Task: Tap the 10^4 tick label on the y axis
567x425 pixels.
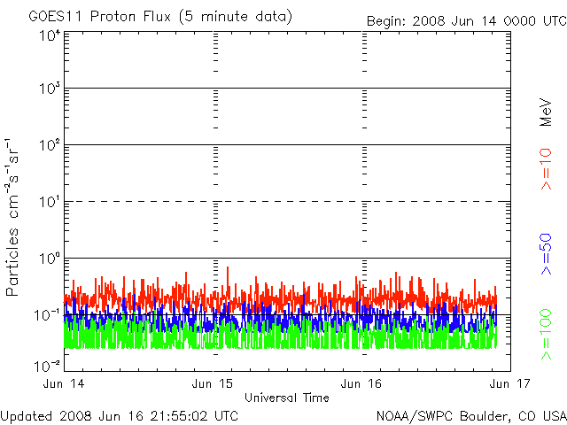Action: point(48,36)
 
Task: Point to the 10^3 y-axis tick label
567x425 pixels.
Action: point(48,89)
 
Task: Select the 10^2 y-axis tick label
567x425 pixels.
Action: point(48,146)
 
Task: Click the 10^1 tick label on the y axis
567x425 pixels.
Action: point(48,203)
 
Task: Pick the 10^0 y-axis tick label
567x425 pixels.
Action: point(48,259)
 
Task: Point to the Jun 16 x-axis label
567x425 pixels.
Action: point(362,384)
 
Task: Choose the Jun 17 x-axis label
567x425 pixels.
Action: point(509,384)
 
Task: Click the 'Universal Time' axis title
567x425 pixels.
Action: point(286,398)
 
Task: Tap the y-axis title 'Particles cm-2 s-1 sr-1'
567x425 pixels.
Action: point(15,217)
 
